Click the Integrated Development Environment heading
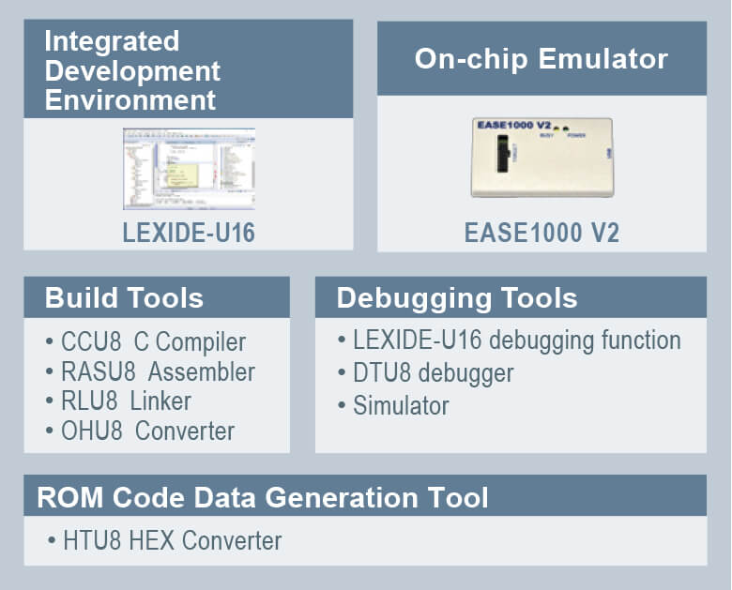pos(132,70)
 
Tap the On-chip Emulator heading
pos(541,59)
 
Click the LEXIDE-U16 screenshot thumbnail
pos(189,169)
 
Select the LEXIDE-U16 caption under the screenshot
pos(189,233)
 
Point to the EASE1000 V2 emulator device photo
pos(541,157)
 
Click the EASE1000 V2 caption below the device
pos(541,233)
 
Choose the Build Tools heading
pos(124,298)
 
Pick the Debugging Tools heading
pos(457,298)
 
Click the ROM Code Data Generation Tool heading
pos(263,496)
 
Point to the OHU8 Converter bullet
pos(145,431)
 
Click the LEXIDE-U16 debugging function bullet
pos(511,340)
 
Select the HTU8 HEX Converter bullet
pos(168,541)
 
